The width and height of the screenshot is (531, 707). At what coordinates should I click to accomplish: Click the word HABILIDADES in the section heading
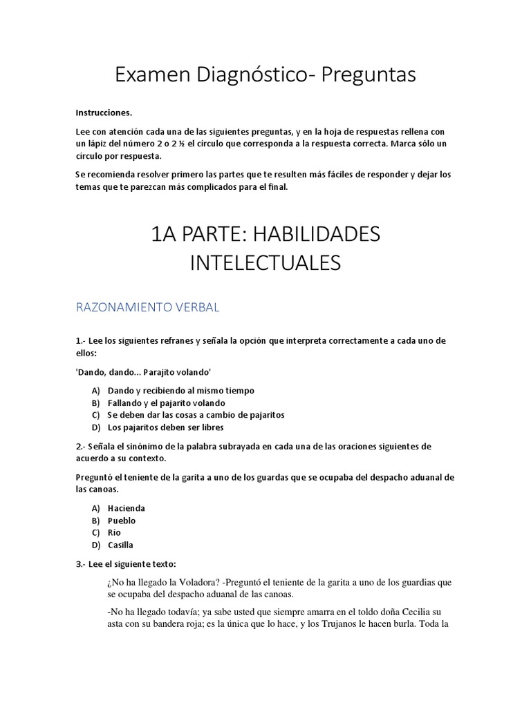pos(315,234)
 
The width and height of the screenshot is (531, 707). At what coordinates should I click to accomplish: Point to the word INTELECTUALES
pos(265,263)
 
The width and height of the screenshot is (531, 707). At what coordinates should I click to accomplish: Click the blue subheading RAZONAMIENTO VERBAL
pos(147,308)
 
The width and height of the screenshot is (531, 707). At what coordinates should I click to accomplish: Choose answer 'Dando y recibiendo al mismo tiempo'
pos(181,390)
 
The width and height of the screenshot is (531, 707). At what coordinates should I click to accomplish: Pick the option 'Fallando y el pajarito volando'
pos(167,403)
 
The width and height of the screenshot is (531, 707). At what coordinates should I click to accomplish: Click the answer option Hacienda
pos(127,508)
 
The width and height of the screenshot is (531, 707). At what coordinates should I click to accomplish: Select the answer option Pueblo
pos(122,521)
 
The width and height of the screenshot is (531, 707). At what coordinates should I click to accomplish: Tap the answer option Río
pos(115,533)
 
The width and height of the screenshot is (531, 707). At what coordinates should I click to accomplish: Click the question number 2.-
pos(82,447)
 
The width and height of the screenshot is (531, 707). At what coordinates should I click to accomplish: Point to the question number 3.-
pos(82,563)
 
